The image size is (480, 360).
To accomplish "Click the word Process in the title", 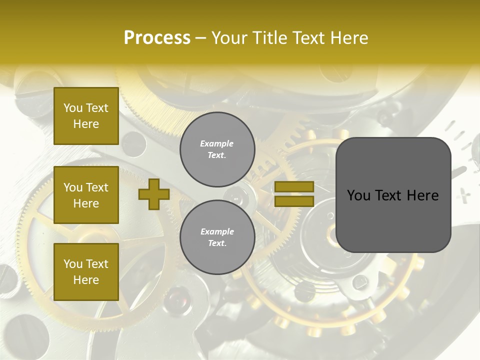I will tap(157, 37).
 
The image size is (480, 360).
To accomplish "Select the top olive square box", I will tap(86, 116).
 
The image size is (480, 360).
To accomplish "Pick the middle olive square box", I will tap(86, 195).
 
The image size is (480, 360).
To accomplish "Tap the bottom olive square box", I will tap(86, 271).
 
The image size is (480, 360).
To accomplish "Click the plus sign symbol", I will tap(154, 194).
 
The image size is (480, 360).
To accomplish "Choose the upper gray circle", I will tap(217, 149).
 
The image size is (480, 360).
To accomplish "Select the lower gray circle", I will tap(217, 237).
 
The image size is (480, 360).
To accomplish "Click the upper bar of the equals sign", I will tap(294, 186).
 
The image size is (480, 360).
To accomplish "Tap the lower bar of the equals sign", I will tap(294, 201).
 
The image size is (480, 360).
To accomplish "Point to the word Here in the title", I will tap(348, 37).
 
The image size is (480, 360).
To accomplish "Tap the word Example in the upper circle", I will tap(217, 143).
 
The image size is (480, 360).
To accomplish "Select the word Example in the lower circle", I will tap(217, 231).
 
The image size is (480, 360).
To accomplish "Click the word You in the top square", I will tap(73, 108).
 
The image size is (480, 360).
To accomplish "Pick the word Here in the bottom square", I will tap(86, 280).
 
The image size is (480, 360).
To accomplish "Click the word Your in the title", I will tap(230, 37).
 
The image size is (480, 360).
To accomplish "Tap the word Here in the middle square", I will tap(86, 203).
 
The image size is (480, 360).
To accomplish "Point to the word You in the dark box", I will tap(358, 195).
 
